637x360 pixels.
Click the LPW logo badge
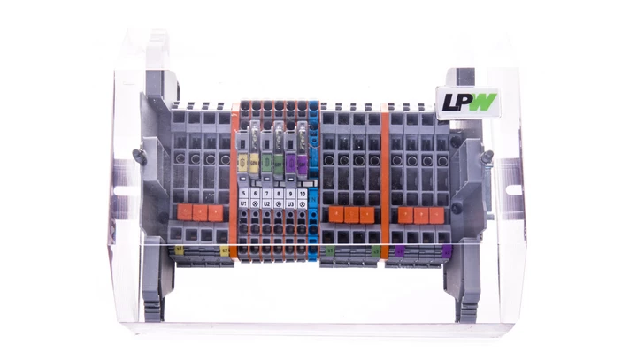pos(467,101)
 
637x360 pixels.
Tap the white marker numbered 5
pos(244,193)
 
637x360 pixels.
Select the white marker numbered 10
pos(303,193)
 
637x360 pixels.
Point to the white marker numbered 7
pos(267,193)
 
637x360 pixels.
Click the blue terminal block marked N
pos(313,177)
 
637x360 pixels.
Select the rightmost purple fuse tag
pos(301,163)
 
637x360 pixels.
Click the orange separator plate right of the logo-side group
pos(385,177)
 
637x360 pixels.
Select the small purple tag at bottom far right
pos(446,252)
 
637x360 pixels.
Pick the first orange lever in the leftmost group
pos(187,212)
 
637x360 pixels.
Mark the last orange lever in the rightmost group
pos(434,215)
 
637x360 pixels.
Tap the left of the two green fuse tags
pos(278,163)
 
